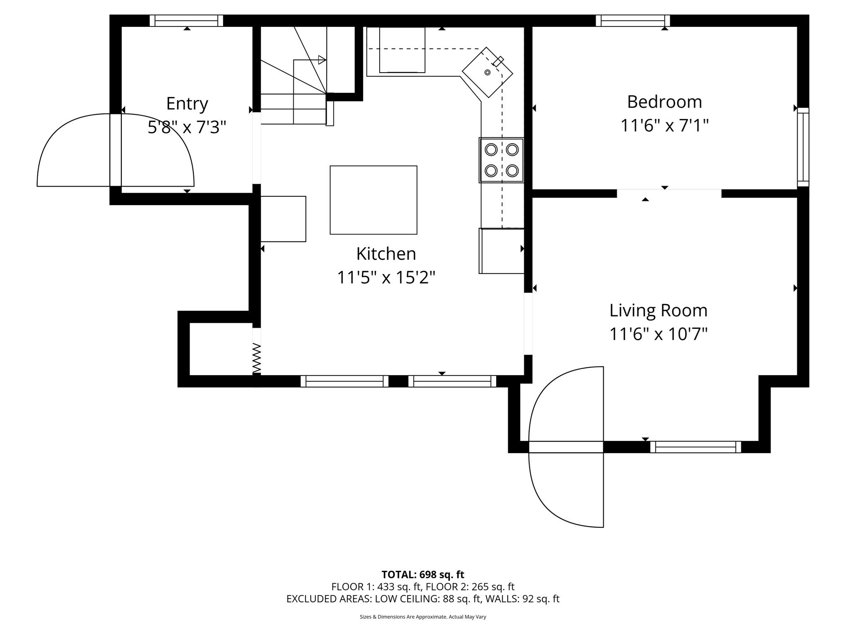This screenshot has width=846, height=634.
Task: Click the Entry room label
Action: click(187, 104)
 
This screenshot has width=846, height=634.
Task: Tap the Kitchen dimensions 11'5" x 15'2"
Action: click(386, 277)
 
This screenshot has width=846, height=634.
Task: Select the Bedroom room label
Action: click(664, 102)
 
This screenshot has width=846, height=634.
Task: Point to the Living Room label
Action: click(658, 310)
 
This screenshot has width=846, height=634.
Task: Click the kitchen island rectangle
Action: click(373, 200)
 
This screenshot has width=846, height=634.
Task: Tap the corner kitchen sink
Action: click(487, 72)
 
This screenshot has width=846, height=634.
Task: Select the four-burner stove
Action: click(501, 160)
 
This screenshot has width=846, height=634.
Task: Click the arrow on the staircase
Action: click(321, 60)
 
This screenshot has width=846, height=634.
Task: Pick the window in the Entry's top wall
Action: click(186, 21)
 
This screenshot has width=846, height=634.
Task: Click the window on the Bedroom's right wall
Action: click(803, 147)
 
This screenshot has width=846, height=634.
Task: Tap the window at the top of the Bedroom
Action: click(632, 21)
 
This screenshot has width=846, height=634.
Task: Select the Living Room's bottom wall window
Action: click(695, 447)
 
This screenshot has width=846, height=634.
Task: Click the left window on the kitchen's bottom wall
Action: click(345, 381)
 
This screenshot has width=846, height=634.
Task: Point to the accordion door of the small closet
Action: click(257, 358)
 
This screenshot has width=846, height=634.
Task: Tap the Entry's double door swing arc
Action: click(116, 150)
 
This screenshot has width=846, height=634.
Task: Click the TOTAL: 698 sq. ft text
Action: click(423, 575)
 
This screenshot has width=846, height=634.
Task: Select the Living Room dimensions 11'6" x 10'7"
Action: click(658, 334)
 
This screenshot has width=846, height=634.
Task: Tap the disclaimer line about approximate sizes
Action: click(423, 617)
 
